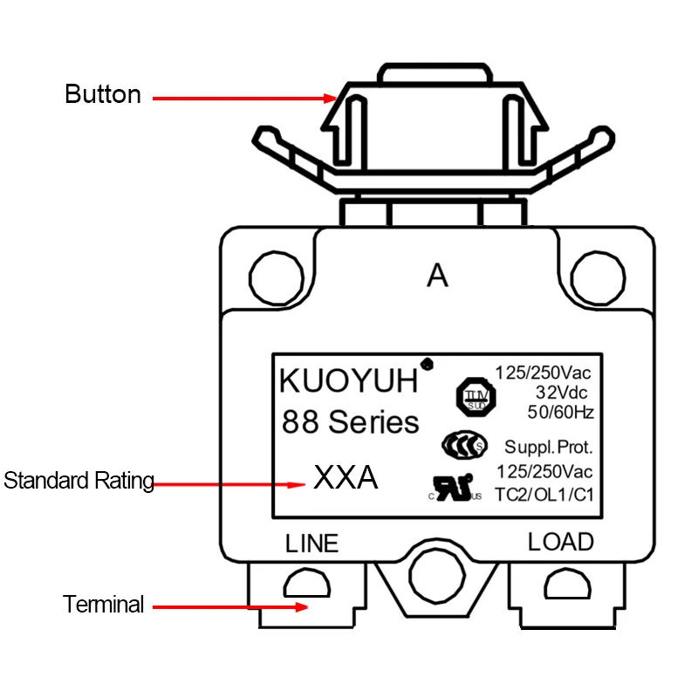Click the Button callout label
(x=103, y=94)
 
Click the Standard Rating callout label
(x=79, y=480)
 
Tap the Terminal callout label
(x=103, y=604)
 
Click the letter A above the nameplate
(x=437, y=277)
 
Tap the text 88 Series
(x=350, y=423)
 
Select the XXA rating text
(x=346, y=477)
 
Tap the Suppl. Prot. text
(x=549, y=448)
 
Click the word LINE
(x=311, y=544)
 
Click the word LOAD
(x=561, y=542)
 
